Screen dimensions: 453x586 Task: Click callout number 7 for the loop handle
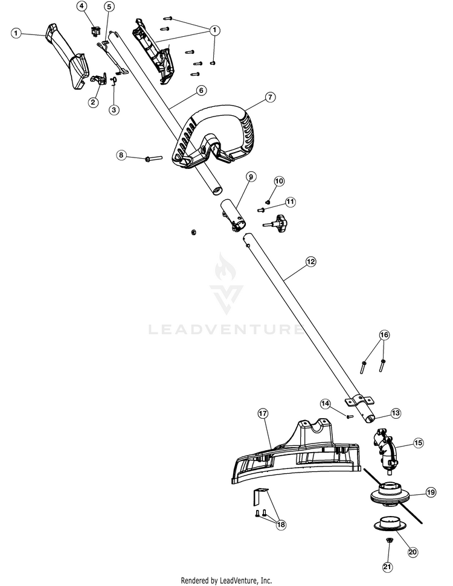click(270, 97)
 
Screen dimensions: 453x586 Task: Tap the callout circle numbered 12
click(310, 261)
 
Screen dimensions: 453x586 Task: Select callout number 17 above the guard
click(263, 413)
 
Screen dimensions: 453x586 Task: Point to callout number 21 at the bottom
click(388, 567)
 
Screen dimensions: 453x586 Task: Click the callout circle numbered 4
click(82, 6)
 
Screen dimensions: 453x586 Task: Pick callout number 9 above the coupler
click(251, 177)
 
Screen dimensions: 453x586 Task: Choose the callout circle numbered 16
click(384, 335)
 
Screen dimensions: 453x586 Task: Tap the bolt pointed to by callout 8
click(153, 159)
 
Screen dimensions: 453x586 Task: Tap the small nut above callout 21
click(389, 550)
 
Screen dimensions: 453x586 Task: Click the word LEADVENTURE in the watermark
click(225, 330)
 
